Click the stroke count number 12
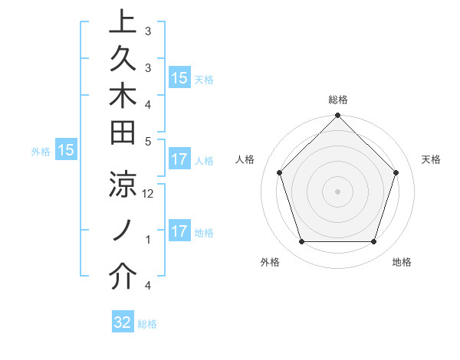tap(149, 194)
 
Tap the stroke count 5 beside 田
tap(148, 141)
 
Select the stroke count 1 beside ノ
tap(148, 240)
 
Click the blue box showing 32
tap(123, 322)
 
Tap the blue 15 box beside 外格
tap(66, 151)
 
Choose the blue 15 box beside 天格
tap(179, 78)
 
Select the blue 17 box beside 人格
tap(179, 159)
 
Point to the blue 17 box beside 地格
tap(179, 231)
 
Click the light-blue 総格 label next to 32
tap(147, 324)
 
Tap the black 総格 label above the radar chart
tap(338, 100)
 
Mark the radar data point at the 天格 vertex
tap(396, 172)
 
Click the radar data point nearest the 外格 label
tap(301, 242)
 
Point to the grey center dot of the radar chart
tap(337, 191)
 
